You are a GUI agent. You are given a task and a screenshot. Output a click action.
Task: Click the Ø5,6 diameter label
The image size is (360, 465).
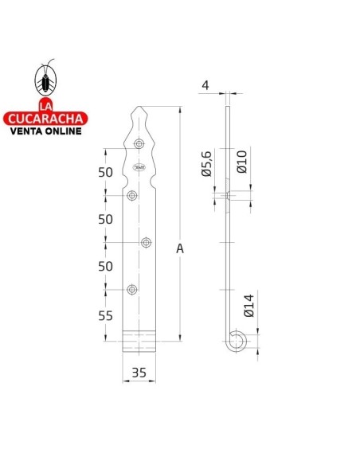tap(205, 162)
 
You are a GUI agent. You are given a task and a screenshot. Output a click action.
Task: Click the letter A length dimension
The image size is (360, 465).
tap(181, 248)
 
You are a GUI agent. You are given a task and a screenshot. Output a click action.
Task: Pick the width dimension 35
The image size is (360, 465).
tap(138, 372)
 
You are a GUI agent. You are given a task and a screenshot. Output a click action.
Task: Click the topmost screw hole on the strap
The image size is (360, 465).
tap(139, 144)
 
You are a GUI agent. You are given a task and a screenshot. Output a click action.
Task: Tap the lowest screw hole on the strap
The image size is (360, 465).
tap(133, 289)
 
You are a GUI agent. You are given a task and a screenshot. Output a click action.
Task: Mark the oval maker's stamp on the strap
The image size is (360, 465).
tap(139, 166)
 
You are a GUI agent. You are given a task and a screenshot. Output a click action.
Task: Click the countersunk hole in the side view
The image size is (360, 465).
tap(228, 195)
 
